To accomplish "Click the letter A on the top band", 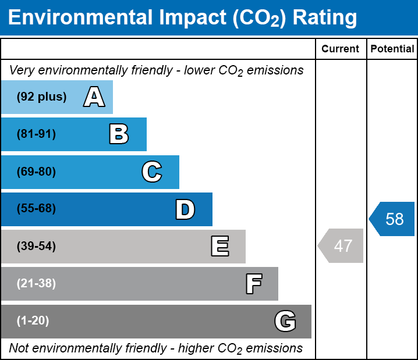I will tap(94, 97).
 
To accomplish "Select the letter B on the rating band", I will tap(119, 134).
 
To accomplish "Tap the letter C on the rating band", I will tap(151, 172).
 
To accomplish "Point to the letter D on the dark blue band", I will tap(185, 209).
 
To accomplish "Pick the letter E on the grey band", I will tap(219, 247).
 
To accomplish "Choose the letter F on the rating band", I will tap(253, 284).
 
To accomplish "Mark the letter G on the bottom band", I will tap(285, 321).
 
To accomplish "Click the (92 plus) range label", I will tap(41, 97).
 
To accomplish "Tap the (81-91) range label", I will tap(36, 134).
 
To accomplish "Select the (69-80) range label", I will tap(36, 172).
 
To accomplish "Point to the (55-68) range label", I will tap(36, 209).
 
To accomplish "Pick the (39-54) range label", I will tap(36, 247).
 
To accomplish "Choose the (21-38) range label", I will tap(36, 284).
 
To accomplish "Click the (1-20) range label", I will tap(33, 321).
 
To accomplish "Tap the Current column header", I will tap(341, 49).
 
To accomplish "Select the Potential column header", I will tap(392, 49).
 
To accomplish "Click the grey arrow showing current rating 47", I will tap(342, 246).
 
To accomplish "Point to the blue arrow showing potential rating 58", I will tap(393, 219).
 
